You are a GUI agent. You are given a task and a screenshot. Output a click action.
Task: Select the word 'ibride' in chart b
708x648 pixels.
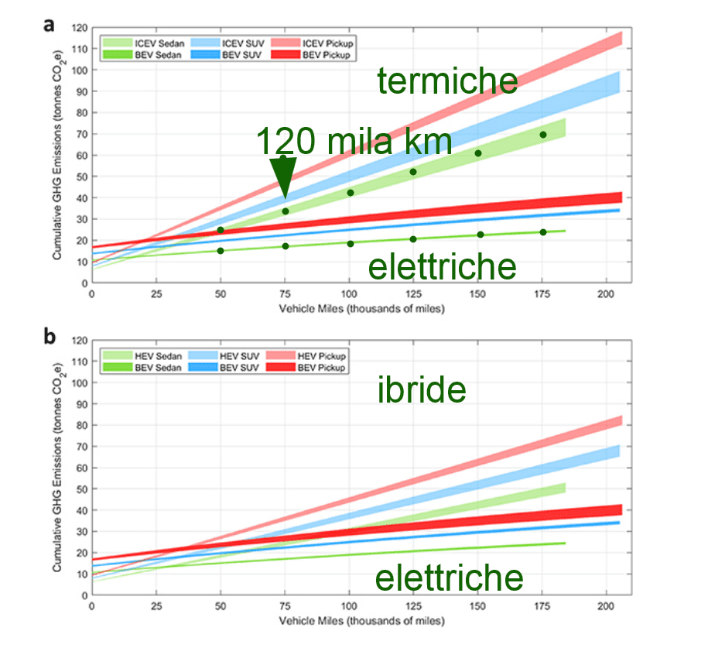[x=422, y=390]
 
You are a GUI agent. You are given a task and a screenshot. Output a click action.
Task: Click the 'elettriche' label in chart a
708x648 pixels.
[x=442, y=266]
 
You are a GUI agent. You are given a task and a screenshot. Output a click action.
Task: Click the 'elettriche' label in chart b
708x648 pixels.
[x=449, y=578]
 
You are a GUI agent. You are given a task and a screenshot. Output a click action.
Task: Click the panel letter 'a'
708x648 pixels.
[x=49, y=26]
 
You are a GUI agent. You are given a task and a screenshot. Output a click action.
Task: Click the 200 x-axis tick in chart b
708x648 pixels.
[x=606, y=606]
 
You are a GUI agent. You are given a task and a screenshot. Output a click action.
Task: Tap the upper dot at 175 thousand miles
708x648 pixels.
[x=542, y=135]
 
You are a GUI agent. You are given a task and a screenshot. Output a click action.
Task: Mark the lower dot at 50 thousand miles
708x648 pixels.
[x=221, y=250]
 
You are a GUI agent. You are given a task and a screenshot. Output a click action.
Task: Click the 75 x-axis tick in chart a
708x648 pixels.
[x=285, y=294]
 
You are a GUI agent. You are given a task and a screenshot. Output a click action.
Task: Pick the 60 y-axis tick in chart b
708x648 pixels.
[x=80, y=468]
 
